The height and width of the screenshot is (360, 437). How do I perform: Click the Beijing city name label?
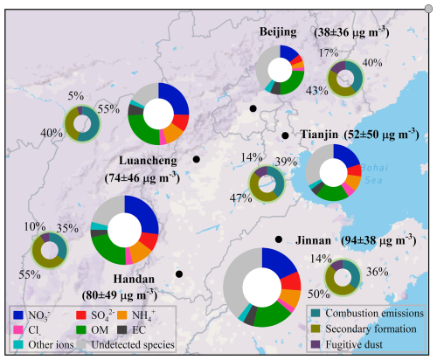(278, 32)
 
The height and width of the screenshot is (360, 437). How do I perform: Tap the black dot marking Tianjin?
(285, 135)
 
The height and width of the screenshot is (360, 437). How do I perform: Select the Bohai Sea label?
(374, 174)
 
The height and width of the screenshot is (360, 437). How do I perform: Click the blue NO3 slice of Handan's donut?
(142, 212)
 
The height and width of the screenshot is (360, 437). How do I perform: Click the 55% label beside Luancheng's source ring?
(108, 109)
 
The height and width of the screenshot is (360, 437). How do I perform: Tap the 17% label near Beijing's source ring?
(329, 52)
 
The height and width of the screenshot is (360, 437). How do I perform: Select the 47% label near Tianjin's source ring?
(240, 198)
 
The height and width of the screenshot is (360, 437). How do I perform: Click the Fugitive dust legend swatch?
(316, 344)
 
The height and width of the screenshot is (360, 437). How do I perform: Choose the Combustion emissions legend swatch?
(316, 313)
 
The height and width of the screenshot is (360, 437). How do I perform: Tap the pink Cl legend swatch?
(18, 329)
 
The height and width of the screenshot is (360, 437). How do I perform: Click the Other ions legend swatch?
(18, 344)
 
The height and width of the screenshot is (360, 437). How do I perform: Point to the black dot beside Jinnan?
(279, 239)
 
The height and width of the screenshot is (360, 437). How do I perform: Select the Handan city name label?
(134, 279)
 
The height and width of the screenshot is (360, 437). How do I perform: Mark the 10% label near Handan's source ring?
(35, 226)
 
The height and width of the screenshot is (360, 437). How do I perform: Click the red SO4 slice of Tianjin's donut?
(355, 170)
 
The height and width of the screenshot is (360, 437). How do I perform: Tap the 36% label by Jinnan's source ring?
(378, 272)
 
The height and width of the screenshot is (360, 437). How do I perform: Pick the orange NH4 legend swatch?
(122, 315)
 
